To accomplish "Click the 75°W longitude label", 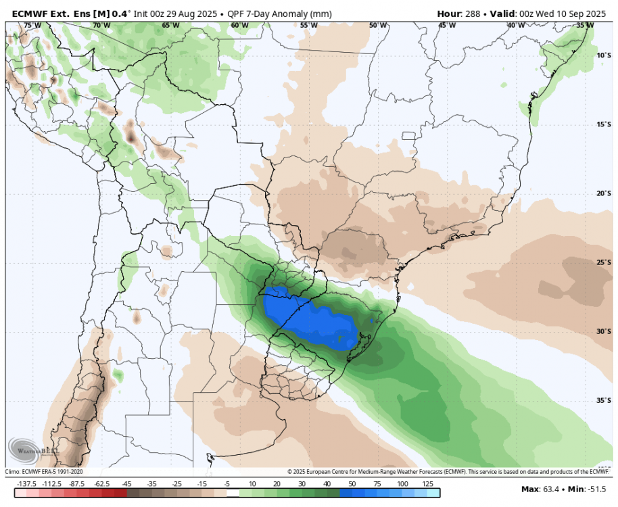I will point(32,26).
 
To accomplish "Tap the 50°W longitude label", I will point(378,26).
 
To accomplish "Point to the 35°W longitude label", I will point(586,26).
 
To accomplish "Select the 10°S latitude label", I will point(604,55).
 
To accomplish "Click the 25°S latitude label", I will point(604,262).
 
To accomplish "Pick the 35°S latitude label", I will point(604,400).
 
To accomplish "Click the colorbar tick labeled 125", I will point(427,484).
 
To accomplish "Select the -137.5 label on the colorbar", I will point(26,484).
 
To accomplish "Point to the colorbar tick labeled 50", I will point(352,484).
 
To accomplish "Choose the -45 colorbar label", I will point(126,484).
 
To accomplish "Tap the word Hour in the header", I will point(450,13).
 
